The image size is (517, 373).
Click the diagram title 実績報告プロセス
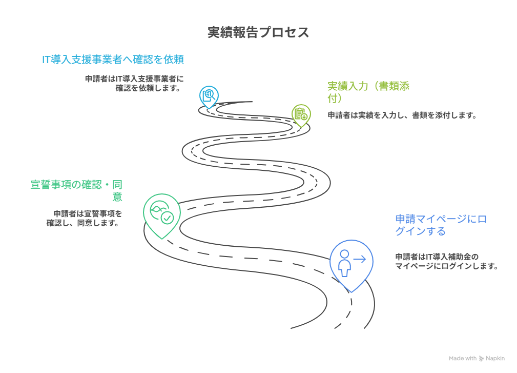(258, 32)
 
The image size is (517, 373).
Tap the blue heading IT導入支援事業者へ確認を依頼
(113, 60)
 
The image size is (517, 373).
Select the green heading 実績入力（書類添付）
(368, 92)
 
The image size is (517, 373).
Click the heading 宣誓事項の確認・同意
(76, 190)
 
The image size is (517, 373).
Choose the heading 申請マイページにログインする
(441, 225)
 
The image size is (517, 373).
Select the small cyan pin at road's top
(209, 96)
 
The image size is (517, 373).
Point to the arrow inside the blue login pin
(360, 260)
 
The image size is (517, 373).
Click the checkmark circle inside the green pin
(167, 218)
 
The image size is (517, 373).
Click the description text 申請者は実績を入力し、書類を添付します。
(402, 115)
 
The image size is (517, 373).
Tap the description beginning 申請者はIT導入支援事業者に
(134, 83)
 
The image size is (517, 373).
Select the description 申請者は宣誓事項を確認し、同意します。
(85, 218)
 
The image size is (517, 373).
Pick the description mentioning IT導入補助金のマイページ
(446, 261)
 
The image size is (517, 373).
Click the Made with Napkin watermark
(477, 358)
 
